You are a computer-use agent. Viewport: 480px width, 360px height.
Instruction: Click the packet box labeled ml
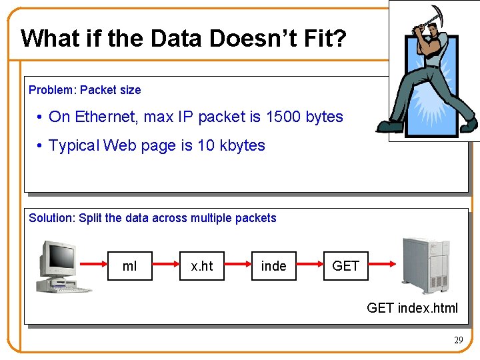(x=130, y=266)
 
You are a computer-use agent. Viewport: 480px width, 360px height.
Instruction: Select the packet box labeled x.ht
(x=202, y=266)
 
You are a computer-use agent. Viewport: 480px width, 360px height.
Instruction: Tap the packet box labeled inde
(x=273, y=266)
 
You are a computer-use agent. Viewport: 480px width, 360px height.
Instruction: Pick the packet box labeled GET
(x=345, y=266)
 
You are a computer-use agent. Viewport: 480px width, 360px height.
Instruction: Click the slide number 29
(x=458, y=340)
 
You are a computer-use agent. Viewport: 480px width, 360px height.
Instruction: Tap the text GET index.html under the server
(x=412, y=307)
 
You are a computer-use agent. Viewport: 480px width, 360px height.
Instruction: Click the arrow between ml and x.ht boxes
(x=166, y=266)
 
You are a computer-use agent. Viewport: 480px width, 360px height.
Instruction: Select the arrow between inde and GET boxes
(x=309, y=266)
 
